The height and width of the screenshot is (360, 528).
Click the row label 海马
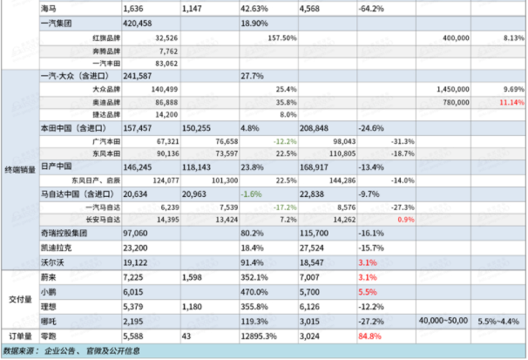pyautogui.click(x=51, y=7)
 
